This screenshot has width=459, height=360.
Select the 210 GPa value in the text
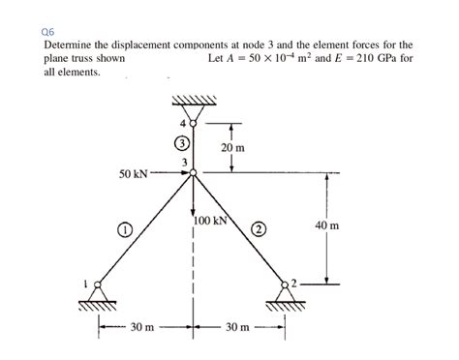click(376, 58)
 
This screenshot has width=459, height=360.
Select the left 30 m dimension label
click(142, 328)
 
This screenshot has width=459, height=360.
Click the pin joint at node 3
click(194, 173)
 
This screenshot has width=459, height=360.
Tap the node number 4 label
click(183, 123)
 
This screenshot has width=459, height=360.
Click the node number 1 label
click(85, 283)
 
